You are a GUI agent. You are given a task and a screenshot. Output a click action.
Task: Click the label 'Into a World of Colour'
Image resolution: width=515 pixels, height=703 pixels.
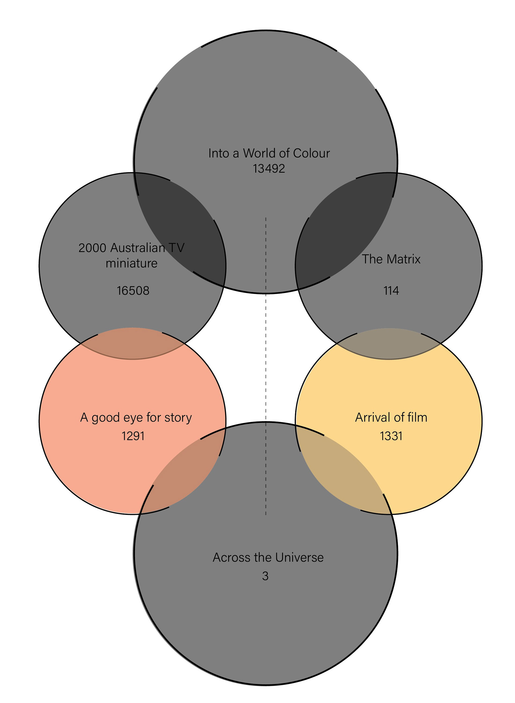[x=269, y=153]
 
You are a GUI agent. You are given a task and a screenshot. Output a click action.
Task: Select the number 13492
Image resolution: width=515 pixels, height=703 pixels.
[x=269, y=169]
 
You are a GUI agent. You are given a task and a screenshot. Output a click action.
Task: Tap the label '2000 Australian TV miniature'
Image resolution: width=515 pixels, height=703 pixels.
[x=131, y=255]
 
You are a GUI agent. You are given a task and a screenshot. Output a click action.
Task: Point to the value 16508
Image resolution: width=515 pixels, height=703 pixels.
[x=133, y=291]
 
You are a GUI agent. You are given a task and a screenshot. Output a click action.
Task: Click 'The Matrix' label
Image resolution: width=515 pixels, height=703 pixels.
[x=391, y=259]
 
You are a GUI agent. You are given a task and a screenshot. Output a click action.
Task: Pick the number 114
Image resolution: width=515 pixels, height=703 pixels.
[x=391, y=291]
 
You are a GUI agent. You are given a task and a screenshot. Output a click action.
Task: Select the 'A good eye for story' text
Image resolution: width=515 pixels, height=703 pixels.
[x=136, y=418]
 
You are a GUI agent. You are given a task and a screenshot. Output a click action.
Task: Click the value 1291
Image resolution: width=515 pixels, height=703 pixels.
[x=133, y=436]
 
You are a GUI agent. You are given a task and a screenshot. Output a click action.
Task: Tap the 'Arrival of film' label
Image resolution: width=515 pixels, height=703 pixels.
[x=391, y=418]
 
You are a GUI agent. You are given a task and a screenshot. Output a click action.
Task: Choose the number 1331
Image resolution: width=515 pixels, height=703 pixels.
[x=391, y=436]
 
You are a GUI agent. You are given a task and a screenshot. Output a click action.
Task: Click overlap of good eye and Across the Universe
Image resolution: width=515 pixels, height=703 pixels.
[x=184, y=470]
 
